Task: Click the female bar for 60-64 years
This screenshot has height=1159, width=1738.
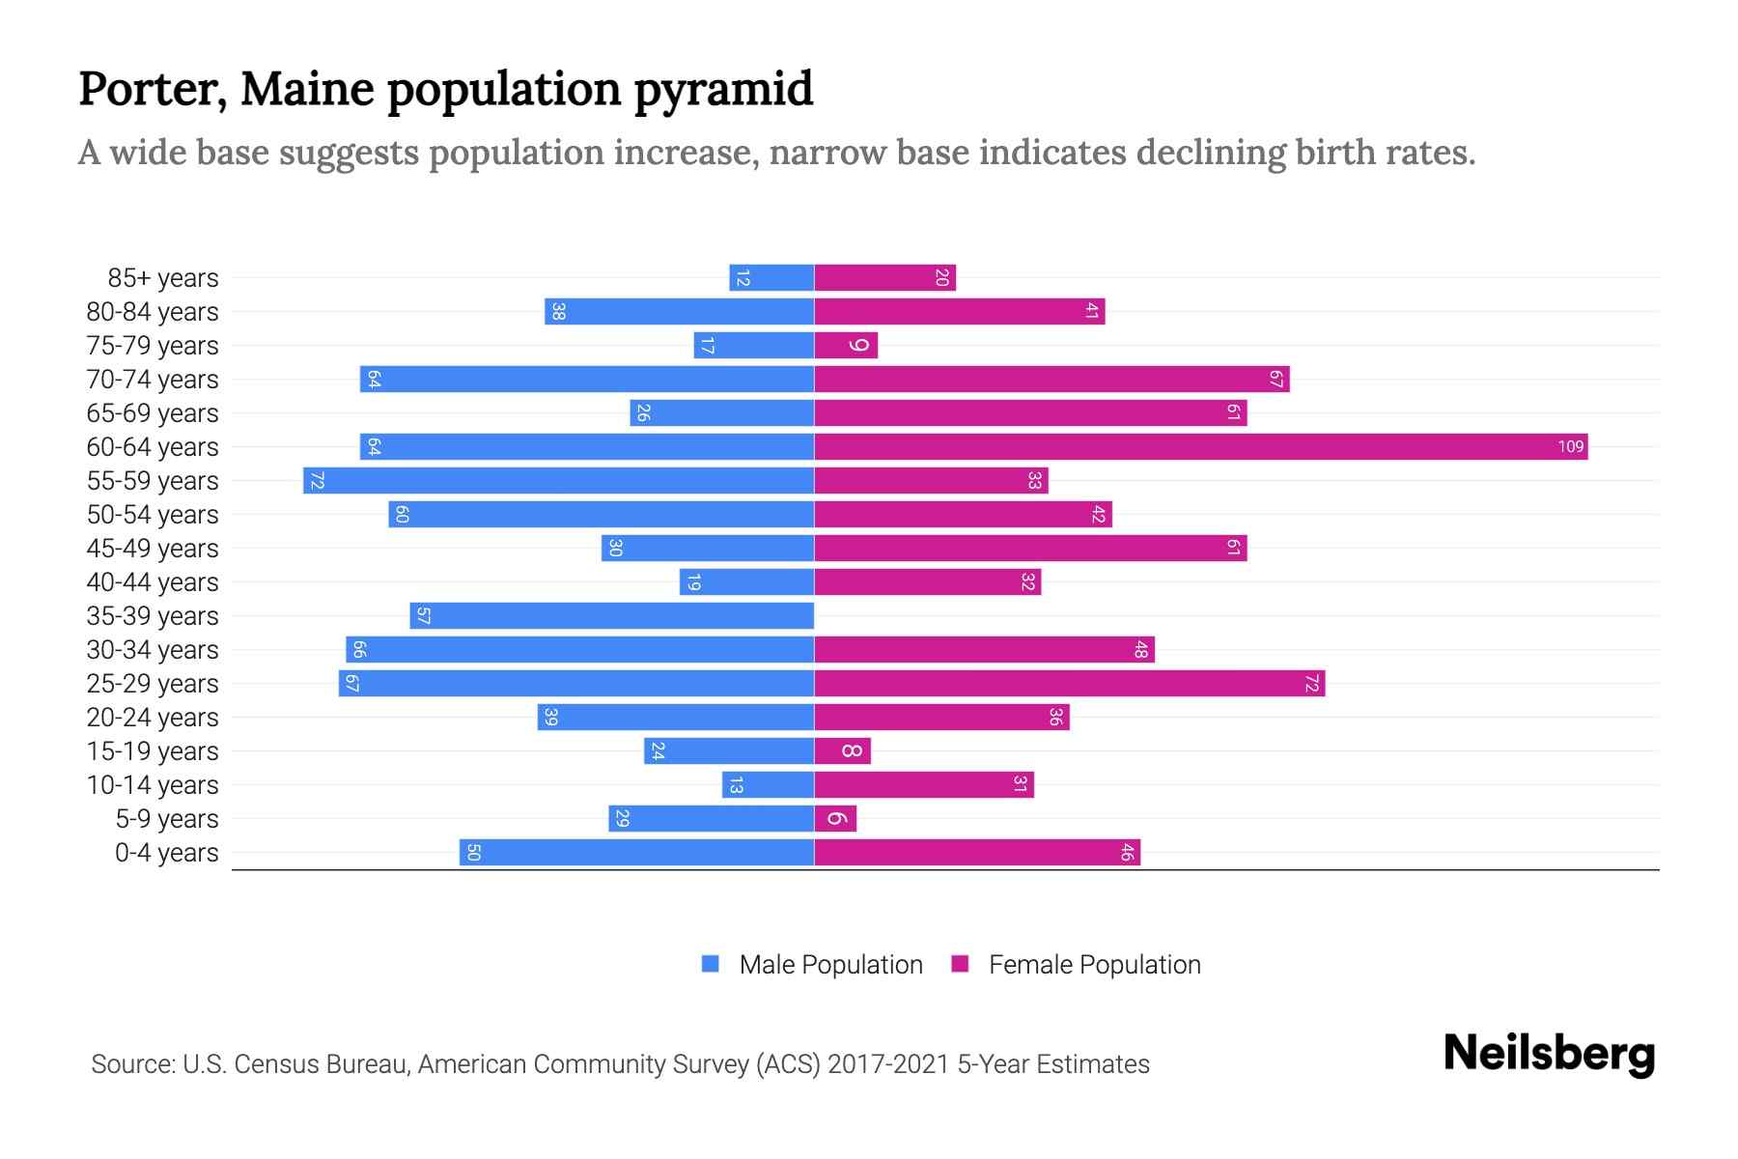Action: coord(1200,446)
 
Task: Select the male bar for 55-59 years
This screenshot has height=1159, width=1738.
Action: coord(558,480)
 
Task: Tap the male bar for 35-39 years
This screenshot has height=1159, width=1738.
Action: coord(611,615)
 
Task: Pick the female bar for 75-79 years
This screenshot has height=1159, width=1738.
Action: coord(846,345)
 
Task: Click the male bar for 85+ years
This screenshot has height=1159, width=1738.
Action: coord(771,277)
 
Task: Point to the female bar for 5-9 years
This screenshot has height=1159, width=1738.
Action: coord(835,818)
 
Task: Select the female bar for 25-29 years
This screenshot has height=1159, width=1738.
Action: coord(1069,683)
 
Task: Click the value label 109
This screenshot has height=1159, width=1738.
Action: coord(1570,446)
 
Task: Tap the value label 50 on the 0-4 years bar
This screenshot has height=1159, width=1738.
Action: coord(473,852)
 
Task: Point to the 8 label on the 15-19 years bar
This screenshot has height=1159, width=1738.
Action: coord(851,750)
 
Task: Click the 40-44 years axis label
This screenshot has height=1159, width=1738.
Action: coord(153,582)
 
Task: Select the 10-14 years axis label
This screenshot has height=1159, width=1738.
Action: coord(153,785)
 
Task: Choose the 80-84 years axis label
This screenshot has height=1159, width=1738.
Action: coord(153,312)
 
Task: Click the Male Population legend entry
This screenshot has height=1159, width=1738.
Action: coord(829,964)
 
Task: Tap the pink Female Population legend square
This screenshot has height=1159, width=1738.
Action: coord(960,964)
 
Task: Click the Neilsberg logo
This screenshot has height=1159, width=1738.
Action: coord(1549,1053)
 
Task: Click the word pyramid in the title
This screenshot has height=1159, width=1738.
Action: coord(723,89)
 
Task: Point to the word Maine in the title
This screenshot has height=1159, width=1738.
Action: coord(307,89)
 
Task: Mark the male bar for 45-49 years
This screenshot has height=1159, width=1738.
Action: coord(708,548)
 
